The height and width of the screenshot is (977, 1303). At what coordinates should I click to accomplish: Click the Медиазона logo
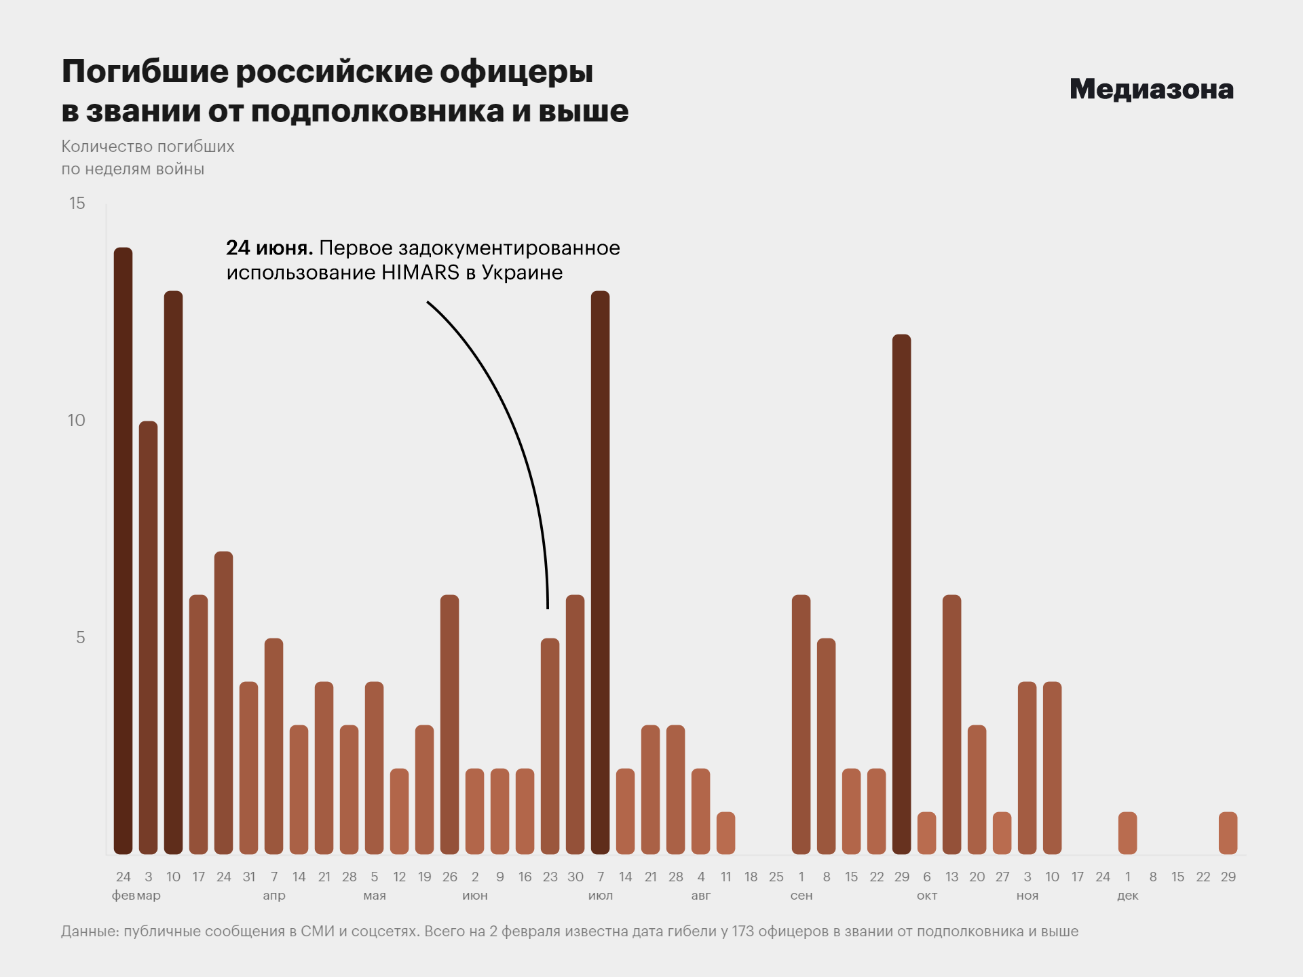click(x=1151, y=90)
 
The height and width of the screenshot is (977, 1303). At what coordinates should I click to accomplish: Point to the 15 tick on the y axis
click(x=77, y=203)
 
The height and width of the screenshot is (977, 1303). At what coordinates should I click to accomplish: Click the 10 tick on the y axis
click(x=76, y=420)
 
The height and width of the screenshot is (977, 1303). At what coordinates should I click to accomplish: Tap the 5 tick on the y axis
click(x=80, y=637)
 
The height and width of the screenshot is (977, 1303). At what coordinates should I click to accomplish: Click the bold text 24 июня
click(x=269, y=248)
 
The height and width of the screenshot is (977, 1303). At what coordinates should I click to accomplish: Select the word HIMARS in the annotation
click(x=420, y=273)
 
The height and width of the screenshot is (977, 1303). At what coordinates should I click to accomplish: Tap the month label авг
click(x=700, y=896)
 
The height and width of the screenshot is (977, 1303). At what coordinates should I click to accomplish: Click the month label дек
click(x=1127, y=896)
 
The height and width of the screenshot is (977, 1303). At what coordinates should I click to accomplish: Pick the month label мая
click(x=374, y=896)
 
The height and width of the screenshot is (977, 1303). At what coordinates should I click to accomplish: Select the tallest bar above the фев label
click(x=123, y=550)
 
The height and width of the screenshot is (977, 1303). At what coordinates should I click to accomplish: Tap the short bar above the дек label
click(x=1127, y=832)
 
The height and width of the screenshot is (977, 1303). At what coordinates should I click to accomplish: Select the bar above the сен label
click(x=801, y=724)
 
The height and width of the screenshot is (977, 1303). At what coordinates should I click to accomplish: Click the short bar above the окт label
click(x=926, y=832)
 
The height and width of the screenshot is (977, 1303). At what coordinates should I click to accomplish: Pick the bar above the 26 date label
click(x=449, y=724)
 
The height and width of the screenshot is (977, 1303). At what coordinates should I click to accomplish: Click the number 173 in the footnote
click(x=742, y=932)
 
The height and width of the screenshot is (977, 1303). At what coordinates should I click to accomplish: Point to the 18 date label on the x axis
click(x=751, y=877)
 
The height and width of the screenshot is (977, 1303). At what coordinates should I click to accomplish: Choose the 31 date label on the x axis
click(x=248, y=877)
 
